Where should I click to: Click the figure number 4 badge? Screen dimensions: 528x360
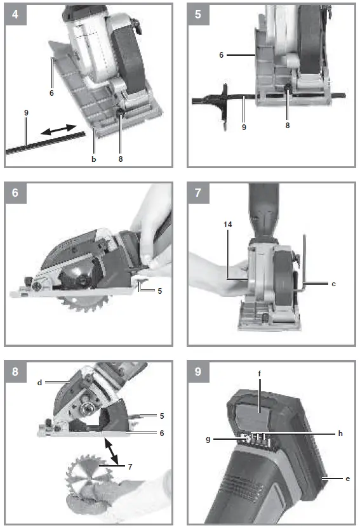click(x=15, y=14)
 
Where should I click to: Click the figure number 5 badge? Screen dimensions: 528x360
click(x=198, y=14)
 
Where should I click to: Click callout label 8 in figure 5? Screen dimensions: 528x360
click(x=287, y=126)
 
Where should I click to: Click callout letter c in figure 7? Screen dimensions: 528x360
click(x=333, y=284)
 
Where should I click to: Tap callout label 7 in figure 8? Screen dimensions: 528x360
click(x=130, y=466)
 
